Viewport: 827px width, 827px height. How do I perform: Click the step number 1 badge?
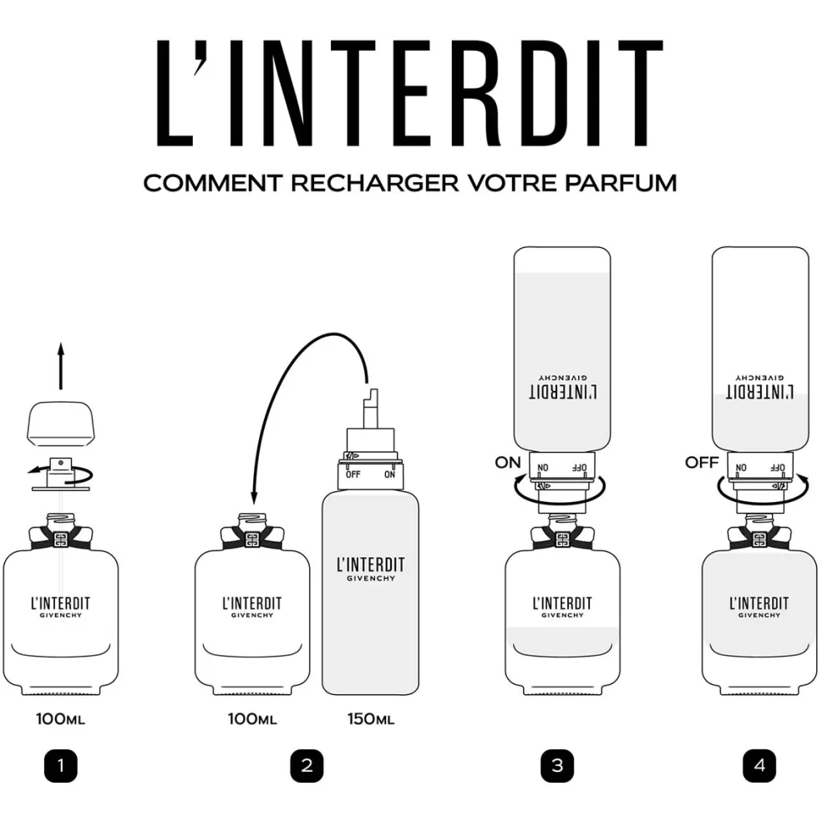click(x=61, y=765)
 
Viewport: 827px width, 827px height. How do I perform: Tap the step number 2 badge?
click(x=307, y=765)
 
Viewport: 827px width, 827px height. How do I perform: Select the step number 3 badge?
click(x=557, y=765)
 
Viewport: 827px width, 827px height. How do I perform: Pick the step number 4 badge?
click(x=759, y=765)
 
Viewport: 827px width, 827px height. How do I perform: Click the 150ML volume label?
click(x=371, y=719)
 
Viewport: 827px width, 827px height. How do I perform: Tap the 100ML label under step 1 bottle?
click(x=60, y=719)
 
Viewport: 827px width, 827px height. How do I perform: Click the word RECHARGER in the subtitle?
click(x=375, y=183)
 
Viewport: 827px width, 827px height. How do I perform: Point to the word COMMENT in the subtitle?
click(x=213, y=183)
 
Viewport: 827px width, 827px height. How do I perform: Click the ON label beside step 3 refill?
click(x=507, y=463)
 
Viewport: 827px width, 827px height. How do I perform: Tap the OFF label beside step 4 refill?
click(x=702, y=463)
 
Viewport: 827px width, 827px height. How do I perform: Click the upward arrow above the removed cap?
click(x=61, y=366)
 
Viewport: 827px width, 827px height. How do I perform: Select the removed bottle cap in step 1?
click(x=61, y=422)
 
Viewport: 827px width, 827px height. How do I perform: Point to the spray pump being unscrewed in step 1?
click(x=61, y=474)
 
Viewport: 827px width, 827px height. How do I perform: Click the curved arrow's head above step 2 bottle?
click(x=254, y=497)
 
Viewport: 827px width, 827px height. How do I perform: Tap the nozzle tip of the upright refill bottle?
click(x=373, y=393)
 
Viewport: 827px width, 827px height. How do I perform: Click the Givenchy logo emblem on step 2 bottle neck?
click(x=252, y=540)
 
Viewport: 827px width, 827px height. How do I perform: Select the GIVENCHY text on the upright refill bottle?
click(x=371, y=579)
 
